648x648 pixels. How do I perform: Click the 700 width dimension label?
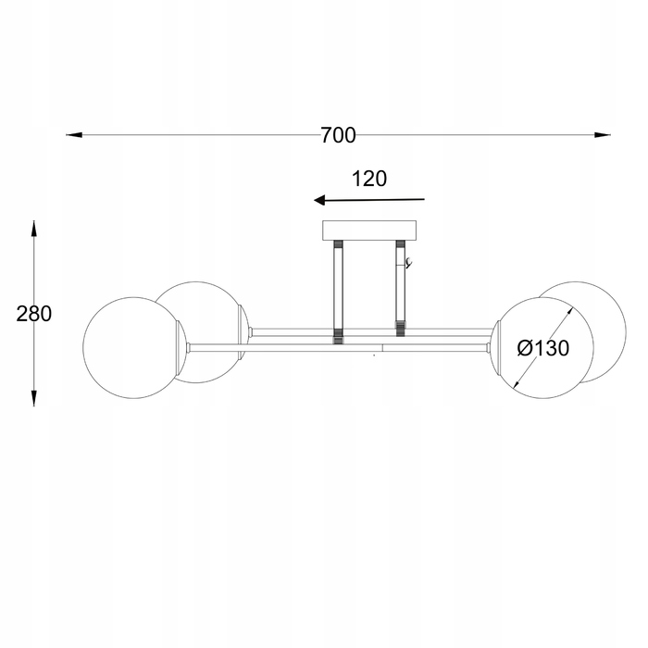point(338,135)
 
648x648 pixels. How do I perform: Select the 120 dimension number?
point(369,179)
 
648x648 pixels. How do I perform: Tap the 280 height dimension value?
point(34,314)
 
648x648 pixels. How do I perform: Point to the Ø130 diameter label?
point(543,348)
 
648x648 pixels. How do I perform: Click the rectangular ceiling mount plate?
point(369,231)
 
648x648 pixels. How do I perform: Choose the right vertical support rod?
point(400,288)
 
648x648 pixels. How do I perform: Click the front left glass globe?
point(132,347)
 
